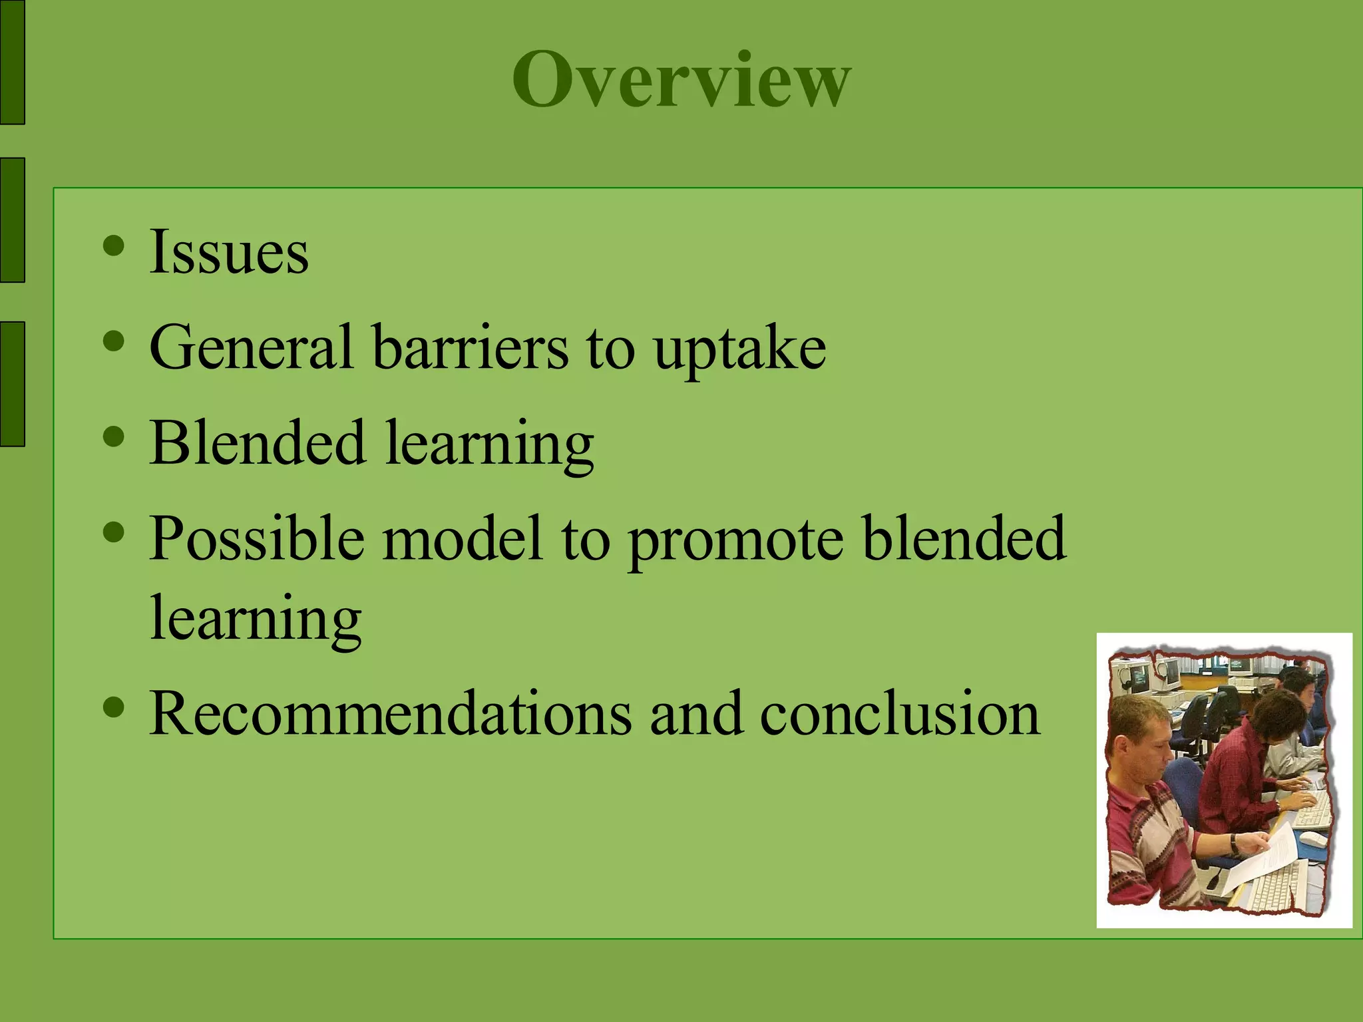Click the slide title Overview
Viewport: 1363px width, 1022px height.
coord(681,80)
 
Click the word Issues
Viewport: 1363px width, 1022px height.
coord(228,252)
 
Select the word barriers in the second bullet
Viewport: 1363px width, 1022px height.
coord(470,347)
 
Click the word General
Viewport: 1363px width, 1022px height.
coord(251,347)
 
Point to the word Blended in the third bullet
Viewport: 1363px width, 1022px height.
coord(258,442)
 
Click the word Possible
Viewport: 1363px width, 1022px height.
coord(257,538)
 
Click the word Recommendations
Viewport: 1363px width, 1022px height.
coord(390,713)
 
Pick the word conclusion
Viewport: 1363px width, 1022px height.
coord(899,713)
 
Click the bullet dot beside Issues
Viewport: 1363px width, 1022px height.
coord(114,246)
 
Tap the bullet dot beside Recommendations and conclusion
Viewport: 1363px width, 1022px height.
coord(114,707)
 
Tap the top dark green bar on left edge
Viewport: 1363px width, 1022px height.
coord(12,62)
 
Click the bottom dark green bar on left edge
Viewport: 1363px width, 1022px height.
coord(12,384)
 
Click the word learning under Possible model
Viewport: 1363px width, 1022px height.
coord(256,619)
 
